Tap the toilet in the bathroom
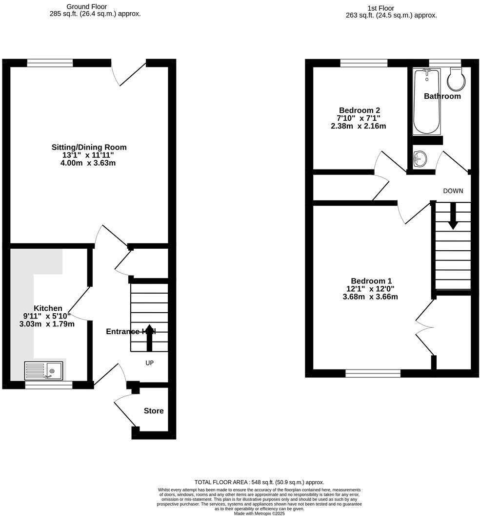click(x=455, y=79)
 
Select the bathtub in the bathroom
click(x=426, y=101)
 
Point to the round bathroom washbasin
click(x=419, y=159)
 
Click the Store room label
click(x=154, y=411)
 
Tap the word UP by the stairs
click(x=150, y=363)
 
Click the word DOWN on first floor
click(x=453, y=191)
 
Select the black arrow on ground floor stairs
click(x=149, y=337)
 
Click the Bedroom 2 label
click(x=359, y=110)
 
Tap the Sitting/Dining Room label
click(x=89, y=147)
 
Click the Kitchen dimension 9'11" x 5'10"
click(x=47, y=316)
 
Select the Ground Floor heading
click(x=87, y=7)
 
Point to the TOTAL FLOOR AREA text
click(x=259, y=482)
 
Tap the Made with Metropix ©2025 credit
click(x=259, y=513)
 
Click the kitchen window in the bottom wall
click(x=49, y=385)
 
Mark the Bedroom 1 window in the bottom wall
click(x=373, y=373)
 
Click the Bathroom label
click(x=442, y=96)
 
